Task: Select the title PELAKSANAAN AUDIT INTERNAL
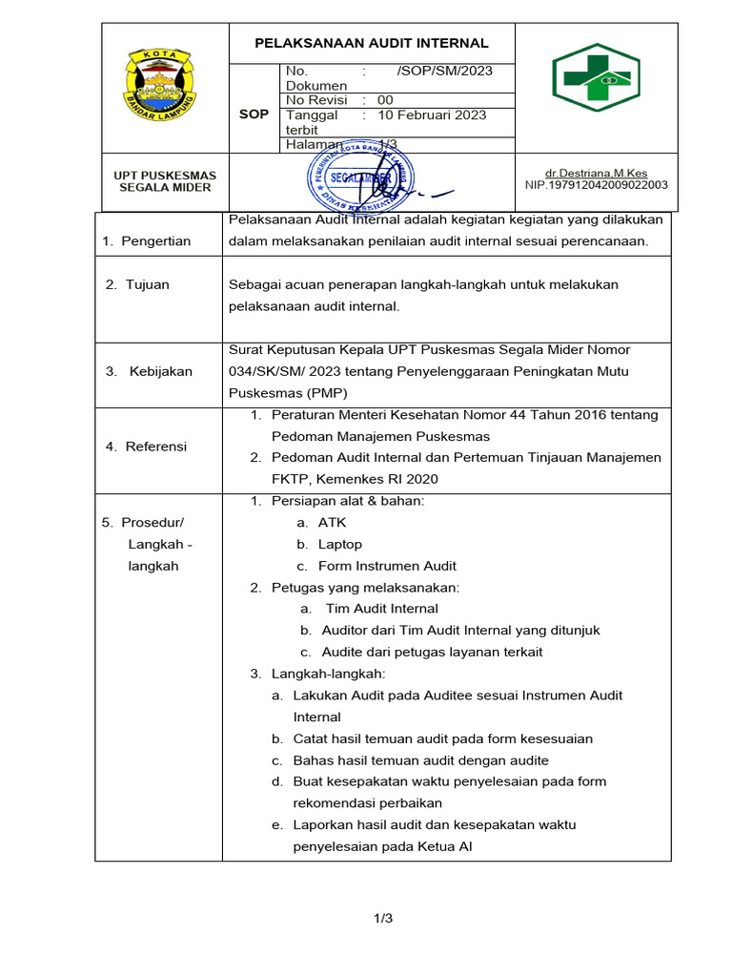372,43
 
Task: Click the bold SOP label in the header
254,114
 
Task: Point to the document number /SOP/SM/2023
444,71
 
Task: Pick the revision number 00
385,99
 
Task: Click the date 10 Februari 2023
432,114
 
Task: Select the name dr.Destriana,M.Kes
596,173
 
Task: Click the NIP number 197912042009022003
597,185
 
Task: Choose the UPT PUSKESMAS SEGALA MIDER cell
166,181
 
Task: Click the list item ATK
333,522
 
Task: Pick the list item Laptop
340,544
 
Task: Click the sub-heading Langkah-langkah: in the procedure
331,674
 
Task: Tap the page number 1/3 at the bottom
382,919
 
